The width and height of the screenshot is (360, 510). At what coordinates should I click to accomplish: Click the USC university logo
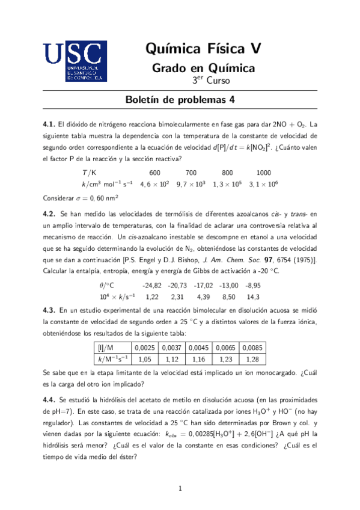click(x=75, y=61)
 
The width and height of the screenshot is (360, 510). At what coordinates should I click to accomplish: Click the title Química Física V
click(x=204, y=48)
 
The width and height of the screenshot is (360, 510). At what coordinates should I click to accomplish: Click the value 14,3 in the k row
click(x=253, y=297)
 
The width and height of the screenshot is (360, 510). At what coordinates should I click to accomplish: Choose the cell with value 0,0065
click(x=225, y=348)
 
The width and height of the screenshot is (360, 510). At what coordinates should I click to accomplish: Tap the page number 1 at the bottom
click(x=180, y=488)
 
